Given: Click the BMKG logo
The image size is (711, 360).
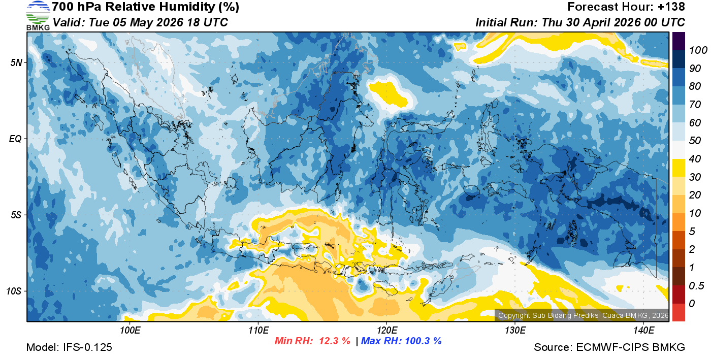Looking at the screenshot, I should [38, 16].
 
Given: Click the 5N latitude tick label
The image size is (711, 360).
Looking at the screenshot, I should [16, 62].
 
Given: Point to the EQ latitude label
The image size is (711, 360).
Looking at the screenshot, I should [16, 139].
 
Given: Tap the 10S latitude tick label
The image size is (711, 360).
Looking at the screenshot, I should [15, 291].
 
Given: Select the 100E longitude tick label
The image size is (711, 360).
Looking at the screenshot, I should [130, 331].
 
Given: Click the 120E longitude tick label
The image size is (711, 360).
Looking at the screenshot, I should [386, 331].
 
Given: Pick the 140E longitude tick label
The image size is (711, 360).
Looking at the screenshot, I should [643, 331].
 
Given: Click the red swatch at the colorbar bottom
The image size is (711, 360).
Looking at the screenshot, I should [678, 312].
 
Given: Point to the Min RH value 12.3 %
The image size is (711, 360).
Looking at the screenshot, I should [334, 341].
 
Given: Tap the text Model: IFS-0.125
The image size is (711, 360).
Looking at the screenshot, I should [69, 348].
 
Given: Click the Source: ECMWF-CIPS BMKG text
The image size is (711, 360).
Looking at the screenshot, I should [609, 348].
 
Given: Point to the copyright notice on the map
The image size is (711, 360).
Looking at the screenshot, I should [583, 316].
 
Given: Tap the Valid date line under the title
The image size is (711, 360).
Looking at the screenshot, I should [140, 23].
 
